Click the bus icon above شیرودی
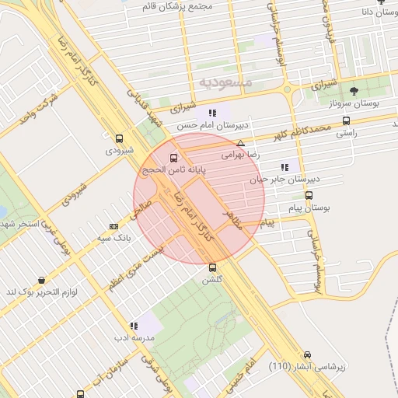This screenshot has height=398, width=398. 118,138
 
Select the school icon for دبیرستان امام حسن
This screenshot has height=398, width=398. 212,113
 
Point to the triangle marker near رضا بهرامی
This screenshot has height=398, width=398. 241,143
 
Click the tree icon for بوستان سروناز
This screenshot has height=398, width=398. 354,91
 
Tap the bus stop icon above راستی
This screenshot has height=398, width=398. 346,120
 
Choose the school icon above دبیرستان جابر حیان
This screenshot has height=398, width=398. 284,166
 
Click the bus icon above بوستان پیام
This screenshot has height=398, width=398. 309,196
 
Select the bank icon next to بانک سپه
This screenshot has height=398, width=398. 114,227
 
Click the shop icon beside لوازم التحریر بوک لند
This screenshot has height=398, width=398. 40,280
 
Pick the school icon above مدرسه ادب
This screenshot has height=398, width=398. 134,326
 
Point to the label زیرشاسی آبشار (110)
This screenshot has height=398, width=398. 307,365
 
